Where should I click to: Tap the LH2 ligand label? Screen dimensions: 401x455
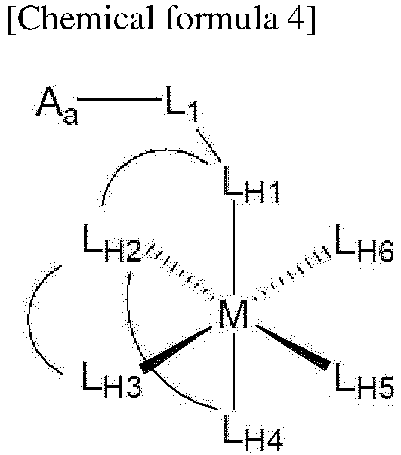click(112, 243)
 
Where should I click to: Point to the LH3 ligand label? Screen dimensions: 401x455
click(112, 379)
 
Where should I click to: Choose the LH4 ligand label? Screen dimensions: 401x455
click(253, 433)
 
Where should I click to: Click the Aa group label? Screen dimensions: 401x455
click(56, 105)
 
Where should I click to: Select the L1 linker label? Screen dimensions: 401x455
click(182, 104)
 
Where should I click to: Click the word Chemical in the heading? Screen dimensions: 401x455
click(85, 19)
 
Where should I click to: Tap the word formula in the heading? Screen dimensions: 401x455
click(221, 19)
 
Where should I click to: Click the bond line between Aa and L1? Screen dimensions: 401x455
click(119, 99)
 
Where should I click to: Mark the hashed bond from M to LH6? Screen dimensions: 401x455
click(292, 273)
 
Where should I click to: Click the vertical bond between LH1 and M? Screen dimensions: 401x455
click(233, 249)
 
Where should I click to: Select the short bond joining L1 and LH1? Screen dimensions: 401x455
click(208, 146)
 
